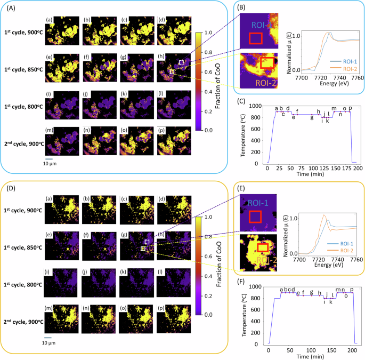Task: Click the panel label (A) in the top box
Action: tap(10, 8)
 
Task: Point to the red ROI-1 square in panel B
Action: tap(256, 38)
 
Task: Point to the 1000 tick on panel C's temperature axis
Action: tap(259, 106)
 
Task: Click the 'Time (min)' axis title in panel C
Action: tap(311, 174)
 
